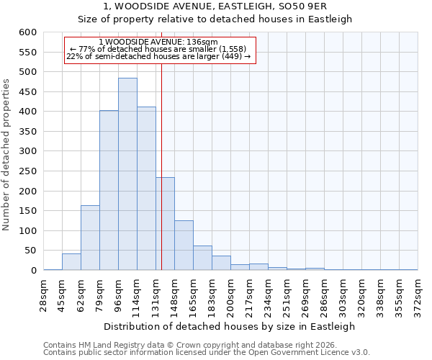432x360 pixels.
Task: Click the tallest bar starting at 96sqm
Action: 127,174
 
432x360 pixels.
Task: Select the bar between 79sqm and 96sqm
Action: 109,191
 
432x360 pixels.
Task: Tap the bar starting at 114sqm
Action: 146,189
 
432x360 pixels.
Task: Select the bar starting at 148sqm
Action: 184,246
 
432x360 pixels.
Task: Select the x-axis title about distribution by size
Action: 230,326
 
